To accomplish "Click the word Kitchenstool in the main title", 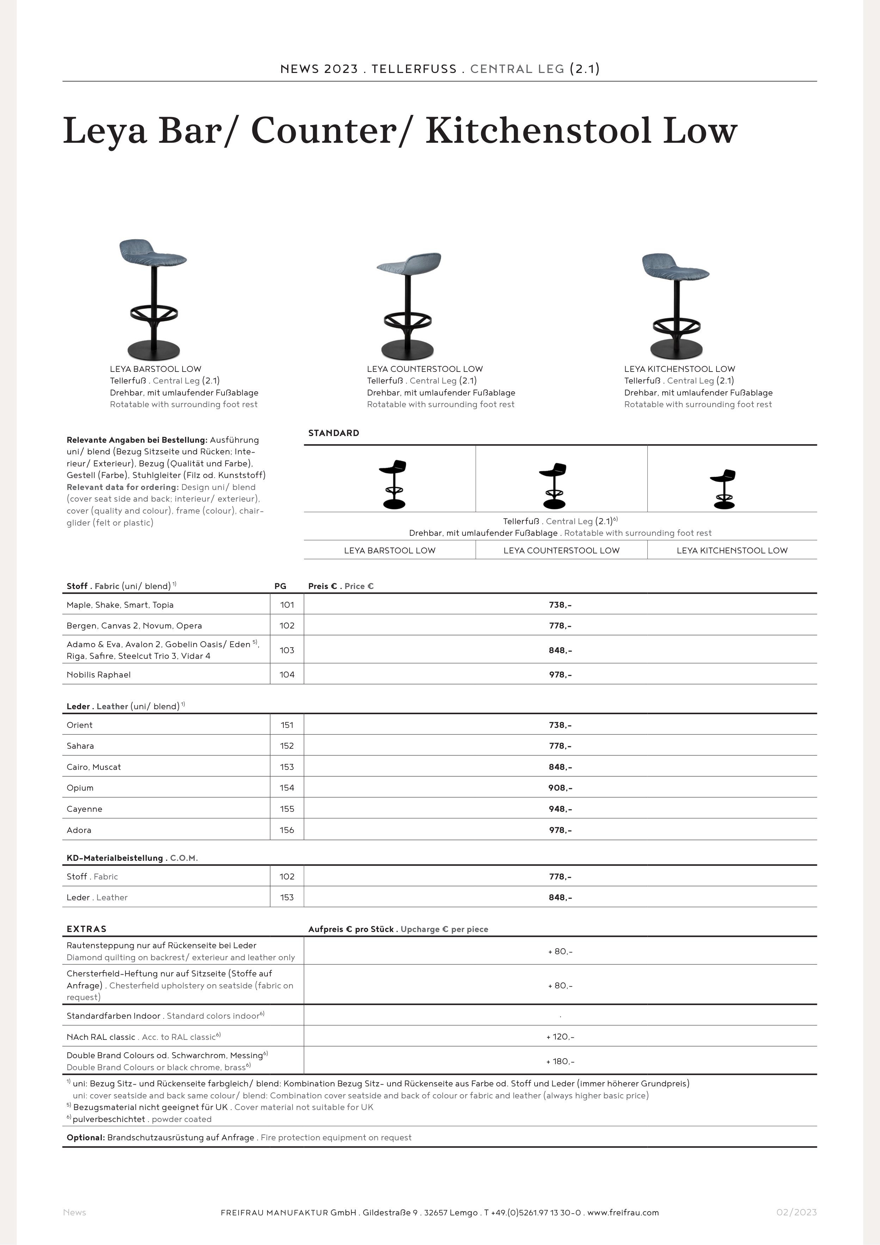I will (x=538, y=131).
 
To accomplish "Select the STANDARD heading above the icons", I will (x=333, y=433).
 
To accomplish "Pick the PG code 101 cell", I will (x=287, y=605).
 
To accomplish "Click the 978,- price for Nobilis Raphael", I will (x=560, y=675).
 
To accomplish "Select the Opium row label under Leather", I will (x=80, y=788).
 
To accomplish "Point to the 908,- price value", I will (x=560, y=788).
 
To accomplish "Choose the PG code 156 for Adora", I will (x=287, y=830).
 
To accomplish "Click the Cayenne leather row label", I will (x=85, y=809).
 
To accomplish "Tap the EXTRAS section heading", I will (x=87, y=929).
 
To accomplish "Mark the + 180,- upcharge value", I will (x=560, y=1061).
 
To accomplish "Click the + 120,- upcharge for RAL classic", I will (x=560, y=1037).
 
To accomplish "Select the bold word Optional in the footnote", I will (x=86, y=1137).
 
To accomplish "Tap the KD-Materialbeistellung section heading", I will (x=115, y=858).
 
